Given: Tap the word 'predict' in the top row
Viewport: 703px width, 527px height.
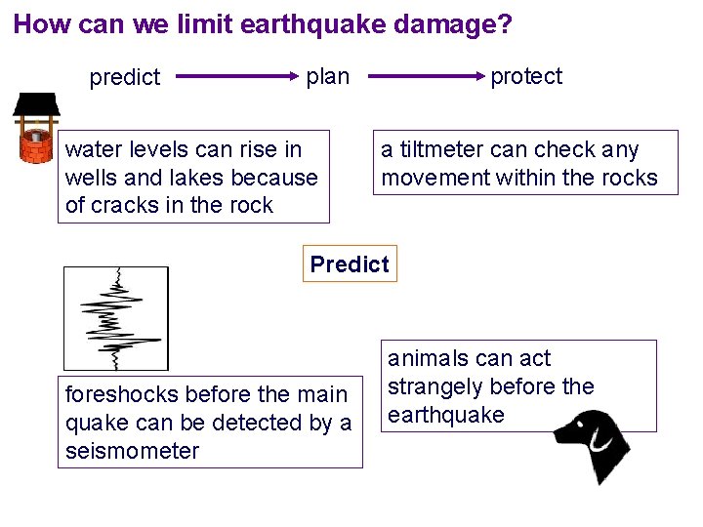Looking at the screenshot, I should pos(124,78).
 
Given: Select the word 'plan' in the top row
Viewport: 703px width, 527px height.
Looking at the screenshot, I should pos(327,76).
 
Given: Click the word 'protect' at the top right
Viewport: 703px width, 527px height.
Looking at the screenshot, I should pos(526,76).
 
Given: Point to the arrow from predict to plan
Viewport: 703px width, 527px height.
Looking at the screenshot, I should pos(234,75).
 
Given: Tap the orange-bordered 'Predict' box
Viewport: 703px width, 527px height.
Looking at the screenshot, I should pos(350,263).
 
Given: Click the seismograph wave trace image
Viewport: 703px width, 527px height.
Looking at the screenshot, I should pos(116,317).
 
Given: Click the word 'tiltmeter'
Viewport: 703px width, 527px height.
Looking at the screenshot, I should pos(444,149).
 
